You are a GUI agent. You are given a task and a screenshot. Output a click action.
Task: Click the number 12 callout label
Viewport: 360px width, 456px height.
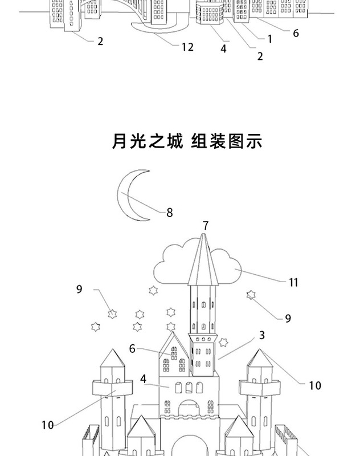(188, 47)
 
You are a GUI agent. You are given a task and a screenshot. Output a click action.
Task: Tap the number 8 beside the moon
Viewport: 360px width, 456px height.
(169, 213)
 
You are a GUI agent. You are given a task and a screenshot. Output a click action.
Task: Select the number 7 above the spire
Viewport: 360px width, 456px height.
(206, 226)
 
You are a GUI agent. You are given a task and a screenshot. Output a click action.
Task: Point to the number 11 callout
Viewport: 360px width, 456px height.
(293, 282)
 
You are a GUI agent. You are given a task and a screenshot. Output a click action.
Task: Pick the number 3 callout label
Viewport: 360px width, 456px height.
(262, 336)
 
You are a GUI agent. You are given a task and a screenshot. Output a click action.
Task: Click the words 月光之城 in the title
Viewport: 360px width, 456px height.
(147, 141)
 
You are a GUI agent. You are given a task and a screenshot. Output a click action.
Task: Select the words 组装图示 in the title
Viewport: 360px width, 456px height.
(226, 141)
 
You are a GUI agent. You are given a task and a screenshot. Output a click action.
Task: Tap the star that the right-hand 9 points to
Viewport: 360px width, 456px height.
(251, 295)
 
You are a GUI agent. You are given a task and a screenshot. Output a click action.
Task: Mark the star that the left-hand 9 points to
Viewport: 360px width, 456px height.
(113, 313)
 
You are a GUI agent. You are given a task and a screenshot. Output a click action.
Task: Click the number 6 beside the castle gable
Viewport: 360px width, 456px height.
(132, 348)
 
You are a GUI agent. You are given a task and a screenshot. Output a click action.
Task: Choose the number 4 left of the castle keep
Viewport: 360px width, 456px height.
(144, 378)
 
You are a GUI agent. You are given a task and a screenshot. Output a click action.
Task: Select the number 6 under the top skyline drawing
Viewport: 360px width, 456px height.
(296, 33)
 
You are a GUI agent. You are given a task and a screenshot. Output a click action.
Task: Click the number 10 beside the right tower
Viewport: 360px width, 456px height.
(315, 386)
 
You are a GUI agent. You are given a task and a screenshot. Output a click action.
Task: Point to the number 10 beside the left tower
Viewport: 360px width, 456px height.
(47, 425)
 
